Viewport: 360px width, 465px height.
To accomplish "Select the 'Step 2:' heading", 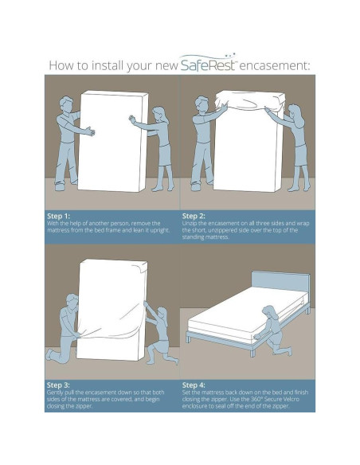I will click(x=196, y=215).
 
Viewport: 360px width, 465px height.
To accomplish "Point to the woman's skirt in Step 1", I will click(x=164, y=154).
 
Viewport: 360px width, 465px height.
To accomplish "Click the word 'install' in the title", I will click(x=112, y=65).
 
